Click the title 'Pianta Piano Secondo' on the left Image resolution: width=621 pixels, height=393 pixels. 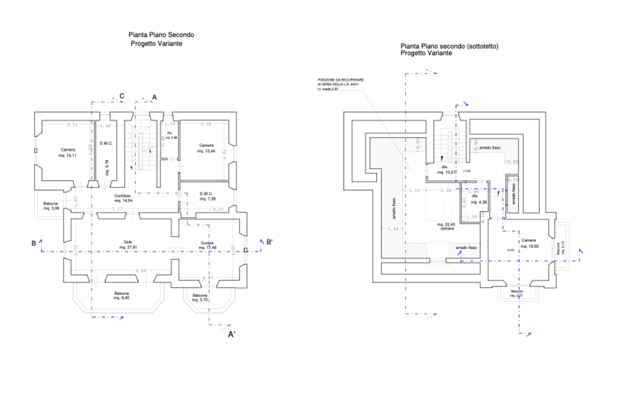(161, 35)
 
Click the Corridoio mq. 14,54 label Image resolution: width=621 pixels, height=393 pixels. (123, 198)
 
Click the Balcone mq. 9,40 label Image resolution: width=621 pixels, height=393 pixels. (121, 295)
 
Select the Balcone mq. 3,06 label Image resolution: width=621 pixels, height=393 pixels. (51, 206)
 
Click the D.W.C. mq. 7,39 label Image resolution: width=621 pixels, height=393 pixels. (207, 196)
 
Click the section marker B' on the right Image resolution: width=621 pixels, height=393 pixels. (269, 243)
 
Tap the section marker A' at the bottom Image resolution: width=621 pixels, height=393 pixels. (232, 334)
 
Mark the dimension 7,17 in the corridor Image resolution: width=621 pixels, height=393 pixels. (117, 209)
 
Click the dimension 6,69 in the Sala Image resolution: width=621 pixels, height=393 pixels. (141, 271)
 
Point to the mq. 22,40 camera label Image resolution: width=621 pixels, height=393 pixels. (447, 226)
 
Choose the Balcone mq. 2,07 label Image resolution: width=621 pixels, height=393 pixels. (517, 294)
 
